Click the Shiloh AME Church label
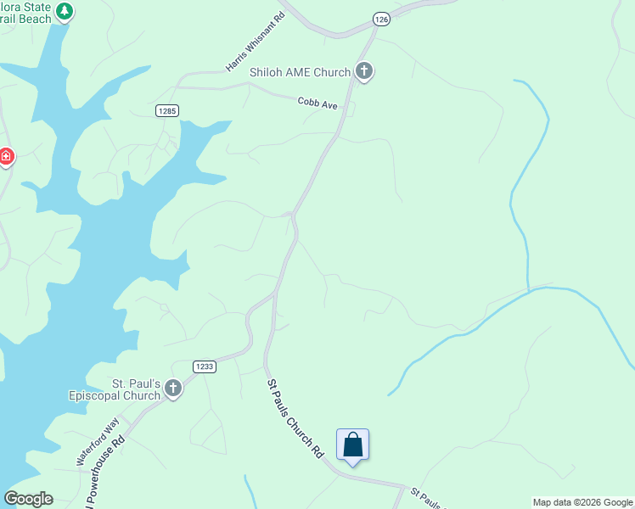(x=300, y=72)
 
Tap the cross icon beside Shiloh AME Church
(x=364, y=71)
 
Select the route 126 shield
(x=381, y=19)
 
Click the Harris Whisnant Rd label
(x=255, y=42)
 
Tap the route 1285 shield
(x=166, y=111)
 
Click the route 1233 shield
(x=204, y=366)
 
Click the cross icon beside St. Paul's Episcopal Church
(x=173, y=389)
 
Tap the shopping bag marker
(x=352, y=445)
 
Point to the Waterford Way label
(x=98, y=439)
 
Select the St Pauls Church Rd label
(x=295, y=418)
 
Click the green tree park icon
(x=65, y=12)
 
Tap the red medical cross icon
(x=6, y=157)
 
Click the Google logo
(x=28, y=499)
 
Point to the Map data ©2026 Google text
(x=582, y=502)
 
